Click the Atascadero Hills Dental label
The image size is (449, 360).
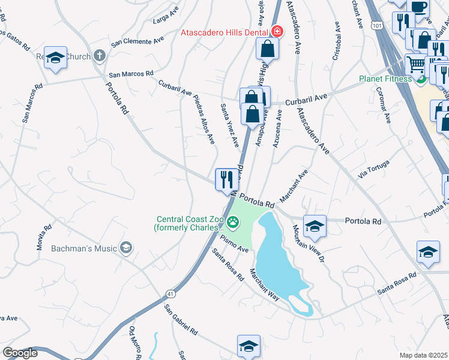[x=225, y=32]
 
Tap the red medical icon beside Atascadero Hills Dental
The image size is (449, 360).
[x=277, y=31]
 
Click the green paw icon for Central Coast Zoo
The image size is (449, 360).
[x=233, y=224]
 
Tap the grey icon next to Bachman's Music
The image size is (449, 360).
[x=125, y=247]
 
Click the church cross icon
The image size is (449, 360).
[x=100, y=56]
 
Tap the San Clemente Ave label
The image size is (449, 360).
[x=138, y=43]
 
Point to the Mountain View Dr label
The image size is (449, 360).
[x=309, y=245]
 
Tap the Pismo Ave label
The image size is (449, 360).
[x=234, y=244]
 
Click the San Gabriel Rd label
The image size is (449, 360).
[x=181, y=319]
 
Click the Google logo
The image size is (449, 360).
[x=20, y=353]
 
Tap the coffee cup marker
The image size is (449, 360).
[x=418, y=7]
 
